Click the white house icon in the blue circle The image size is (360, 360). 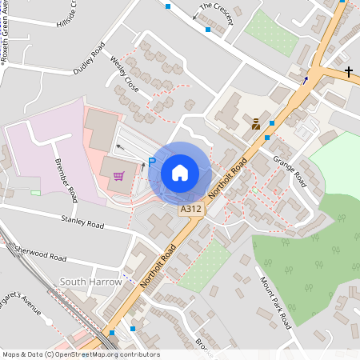(x=180, y=172)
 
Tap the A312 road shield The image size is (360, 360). (x=190, y=209)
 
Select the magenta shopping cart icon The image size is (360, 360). (x=119, y=176)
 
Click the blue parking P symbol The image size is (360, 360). (x=151, y=163)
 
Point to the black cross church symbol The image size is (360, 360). (x=349, y=72)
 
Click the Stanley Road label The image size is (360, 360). (x=82, y=222)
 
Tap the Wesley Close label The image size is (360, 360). (x=125, y=74)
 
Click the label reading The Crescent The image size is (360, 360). (x=216, y=14)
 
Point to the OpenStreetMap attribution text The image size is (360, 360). (x=80, y=354)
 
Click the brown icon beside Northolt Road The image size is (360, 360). (x=256, y=124)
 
